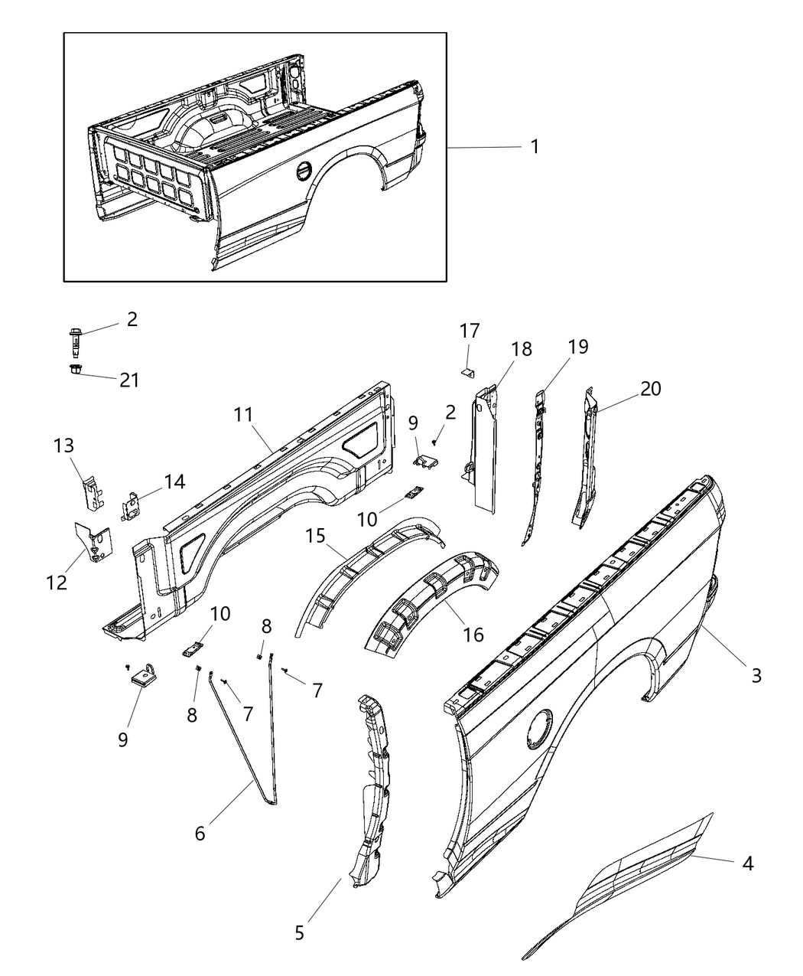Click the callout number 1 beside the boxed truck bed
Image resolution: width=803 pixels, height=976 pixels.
click(535, 146)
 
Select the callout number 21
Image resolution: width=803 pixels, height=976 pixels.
click(129, 380)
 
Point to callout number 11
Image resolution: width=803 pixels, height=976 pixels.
click(242, 415)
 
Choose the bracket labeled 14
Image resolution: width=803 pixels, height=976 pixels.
click(132, 506)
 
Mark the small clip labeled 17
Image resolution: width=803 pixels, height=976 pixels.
click(468, 372)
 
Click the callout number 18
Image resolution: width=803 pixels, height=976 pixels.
click(522, 349)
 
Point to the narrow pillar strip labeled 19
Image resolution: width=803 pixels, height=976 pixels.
click(536, 467)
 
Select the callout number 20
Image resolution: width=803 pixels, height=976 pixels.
click(650, 389)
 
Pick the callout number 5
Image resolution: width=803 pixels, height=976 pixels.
click(299, 933)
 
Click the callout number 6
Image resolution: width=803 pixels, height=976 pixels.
click(200, 833)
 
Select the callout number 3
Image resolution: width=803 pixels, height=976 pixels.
click(756, 675)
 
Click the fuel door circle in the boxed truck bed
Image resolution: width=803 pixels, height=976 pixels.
click(304, 171)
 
